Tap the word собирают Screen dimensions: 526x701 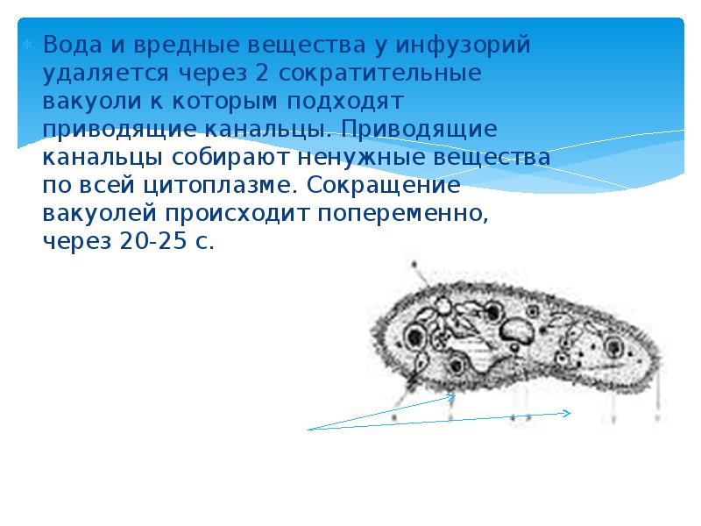[229, 159]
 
